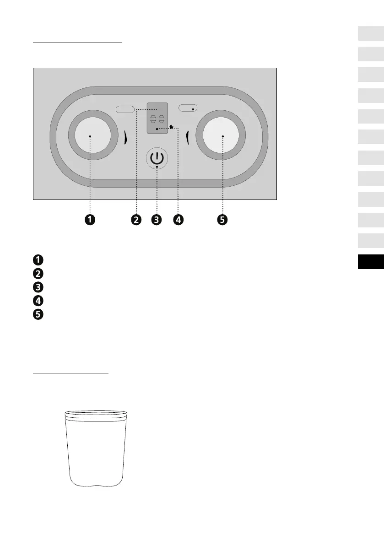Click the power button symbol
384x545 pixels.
pos(157,159)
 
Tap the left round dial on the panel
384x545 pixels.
pos(90,136)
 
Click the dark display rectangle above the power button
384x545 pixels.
pos(157,118)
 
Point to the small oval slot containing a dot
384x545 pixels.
pos(188,108)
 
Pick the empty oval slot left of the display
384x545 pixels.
pos(125,109)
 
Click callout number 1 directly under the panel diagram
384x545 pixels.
pos(90,220)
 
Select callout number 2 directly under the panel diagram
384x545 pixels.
pos(136,220)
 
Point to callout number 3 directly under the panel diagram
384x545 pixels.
pos(157,220)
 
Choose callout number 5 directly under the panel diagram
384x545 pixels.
pos(222,220)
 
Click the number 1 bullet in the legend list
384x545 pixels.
pos(38,260)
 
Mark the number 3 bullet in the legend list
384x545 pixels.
pos(38,287)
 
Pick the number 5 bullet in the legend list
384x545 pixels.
pos(38,315)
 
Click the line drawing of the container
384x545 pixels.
pos(95,453)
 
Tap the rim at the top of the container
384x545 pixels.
pos(95,414)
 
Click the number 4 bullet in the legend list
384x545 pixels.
pos(38,301)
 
